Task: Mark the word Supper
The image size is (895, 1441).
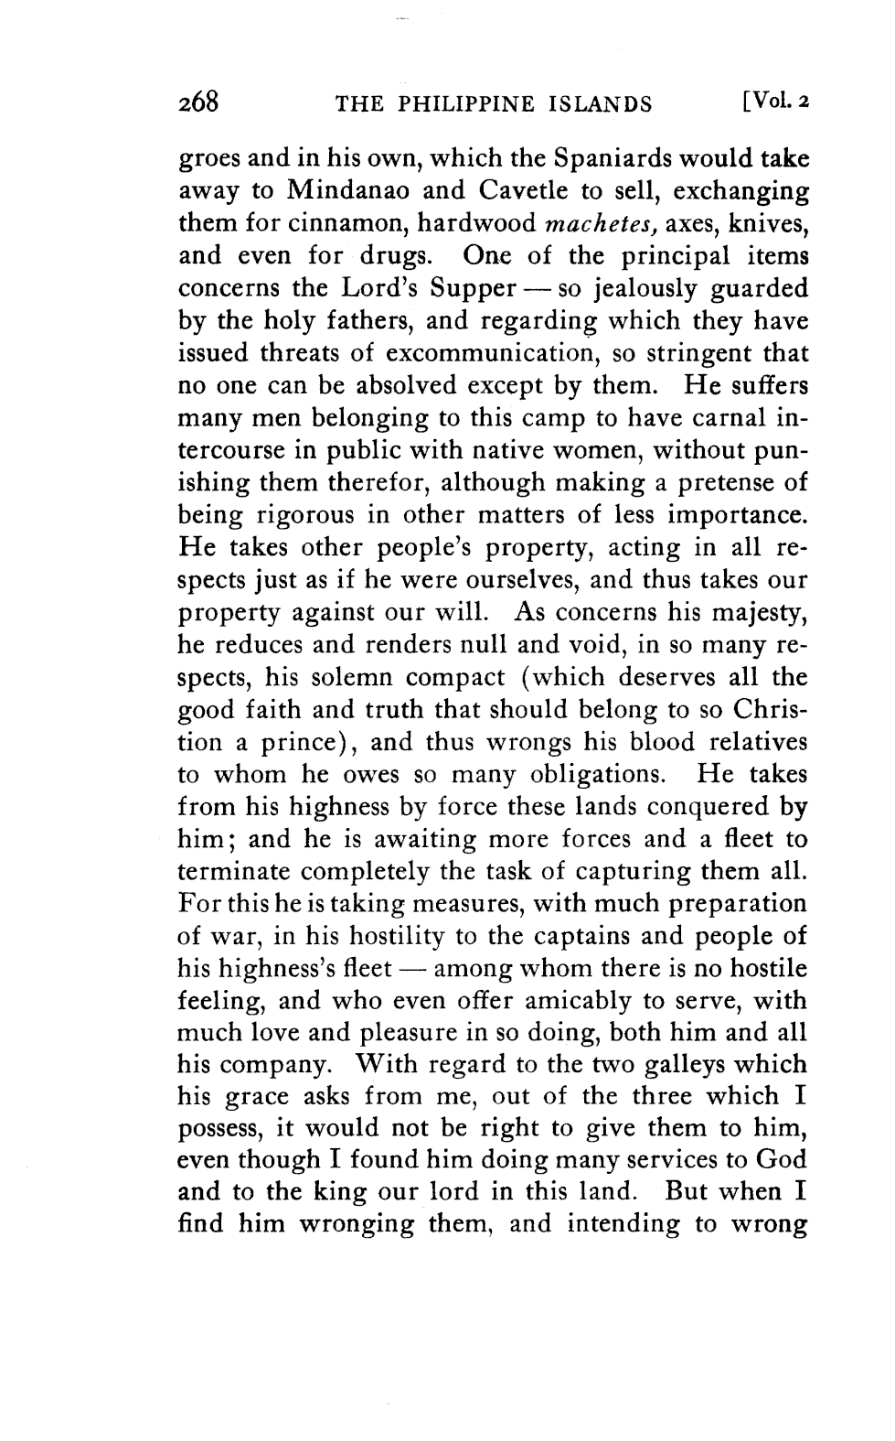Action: click(x=468, y=290)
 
